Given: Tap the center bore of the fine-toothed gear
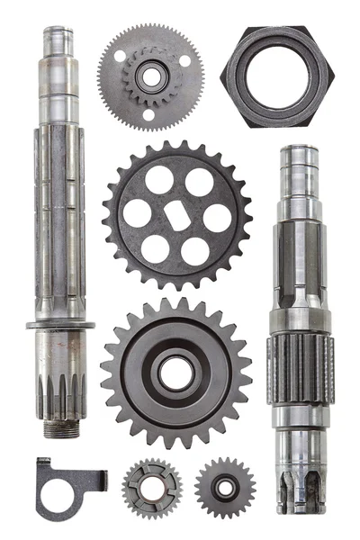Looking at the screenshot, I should tap(149, 76).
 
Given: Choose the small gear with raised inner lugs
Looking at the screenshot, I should tap(152, 490).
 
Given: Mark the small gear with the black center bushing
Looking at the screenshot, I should tap(225, 489).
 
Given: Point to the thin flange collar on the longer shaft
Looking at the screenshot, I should tap(61, 325).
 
